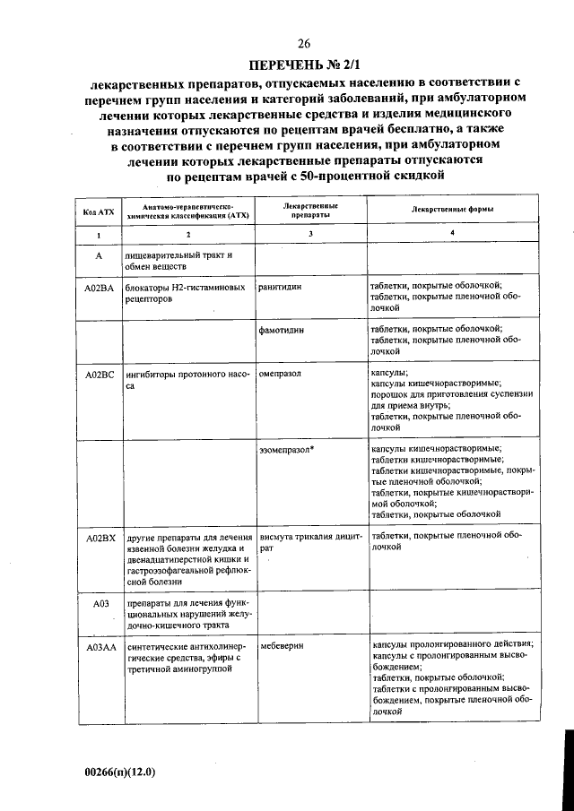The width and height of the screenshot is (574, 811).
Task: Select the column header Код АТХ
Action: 99,211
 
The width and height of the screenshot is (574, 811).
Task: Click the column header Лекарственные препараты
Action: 309,211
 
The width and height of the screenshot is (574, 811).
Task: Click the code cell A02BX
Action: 101,537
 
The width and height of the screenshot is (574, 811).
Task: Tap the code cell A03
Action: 101,603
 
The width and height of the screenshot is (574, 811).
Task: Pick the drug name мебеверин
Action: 282,645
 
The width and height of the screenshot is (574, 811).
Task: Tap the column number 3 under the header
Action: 309,234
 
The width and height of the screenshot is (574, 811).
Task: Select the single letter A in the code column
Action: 101,256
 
